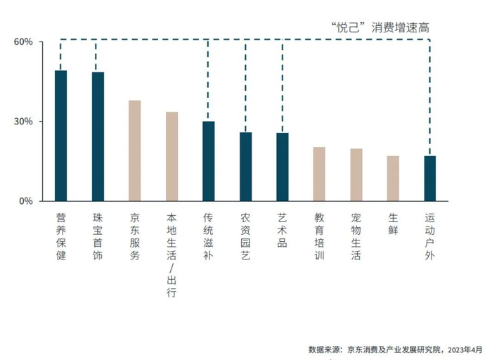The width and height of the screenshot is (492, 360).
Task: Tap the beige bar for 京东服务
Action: pyautogui.click(x=135, y=150)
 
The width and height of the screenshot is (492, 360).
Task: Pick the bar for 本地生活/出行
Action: pyautogui.click(x=171, y=156)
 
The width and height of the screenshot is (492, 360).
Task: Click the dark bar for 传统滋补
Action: pyautogui.click(x=209, y=161)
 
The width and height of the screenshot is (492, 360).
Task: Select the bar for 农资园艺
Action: pyautogui.click(x=245, y=167)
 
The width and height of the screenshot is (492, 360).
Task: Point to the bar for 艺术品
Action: pyautogui.click(x=283, y=167)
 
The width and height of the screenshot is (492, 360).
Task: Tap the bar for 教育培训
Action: pyautogui.click(x=319, y=174)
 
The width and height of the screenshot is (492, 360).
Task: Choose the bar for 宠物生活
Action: pyautogui.click(x=356, y=174)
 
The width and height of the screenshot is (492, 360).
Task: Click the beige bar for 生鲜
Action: pyautogui.click(x=393, y=178)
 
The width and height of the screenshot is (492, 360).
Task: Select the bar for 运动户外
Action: pyautogui.click(x=430, y=178)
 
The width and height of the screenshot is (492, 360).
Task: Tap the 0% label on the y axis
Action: pyautogui.click(x=26, y=201)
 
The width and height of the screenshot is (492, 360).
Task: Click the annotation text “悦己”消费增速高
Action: pyautogui.click(x=380, y=27)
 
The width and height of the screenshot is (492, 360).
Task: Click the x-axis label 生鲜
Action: pyautogui.click(x=393, y=227)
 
